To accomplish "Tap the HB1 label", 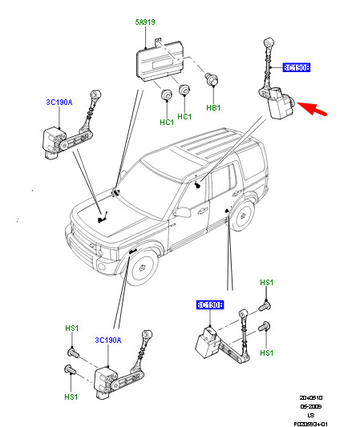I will tap(213, 107).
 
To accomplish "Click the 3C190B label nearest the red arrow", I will tap(297, 68).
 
